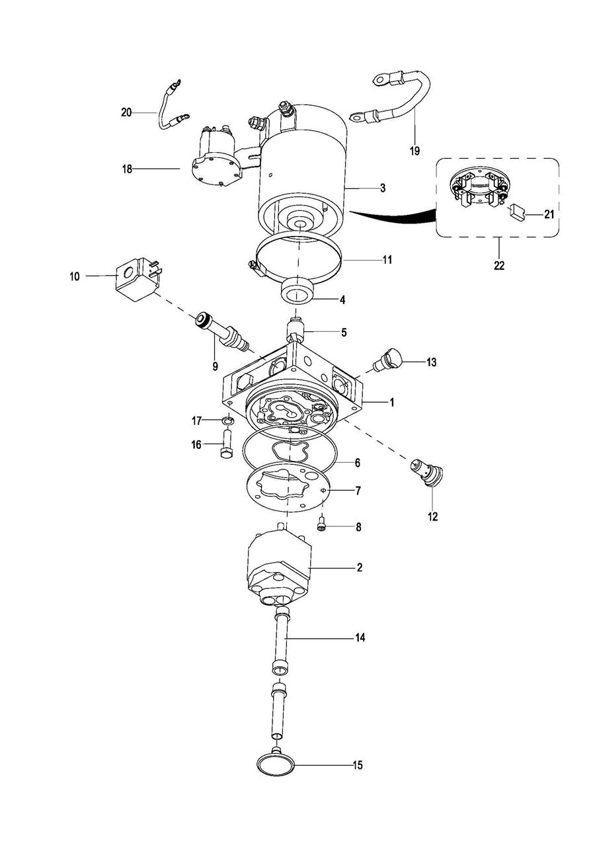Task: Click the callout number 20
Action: click(x=126, y=112)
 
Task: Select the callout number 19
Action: click(x=415, y=151)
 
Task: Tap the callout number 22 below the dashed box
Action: click(x=499, y=265)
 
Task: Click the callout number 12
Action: click(x=433, y=516)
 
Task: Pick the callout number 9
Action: click(x=215, y=366)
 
